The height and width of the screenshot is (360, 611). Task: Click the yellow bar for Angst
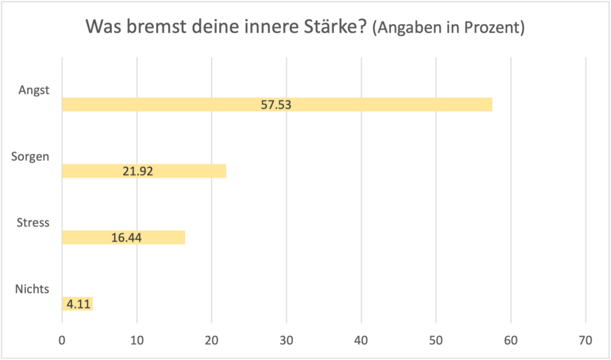pos(390,105)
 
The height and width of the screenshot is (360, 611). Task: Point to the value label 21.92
pos(138,172)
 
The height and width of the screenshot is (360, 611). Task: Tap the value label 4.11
pos(77,304)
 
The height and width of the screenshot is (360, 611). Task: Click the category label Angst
pos(34,91)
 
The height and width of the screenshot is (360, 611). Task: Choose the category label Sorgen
pos(31,157)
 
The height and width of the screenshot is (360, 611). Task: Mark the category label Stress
pos(32,223)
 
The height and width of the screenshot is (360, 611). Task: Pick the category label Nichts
pos(32,289)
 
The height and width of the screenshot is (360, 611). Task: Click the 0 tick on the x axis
pos(62,340)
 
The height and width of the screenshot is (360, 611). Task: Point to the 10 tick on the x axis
pos(136,340)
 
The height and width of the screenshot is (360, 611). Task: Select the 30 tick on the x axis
pos(287,340)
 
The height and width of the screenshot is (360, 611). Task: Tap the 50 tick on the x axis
pos(436,340)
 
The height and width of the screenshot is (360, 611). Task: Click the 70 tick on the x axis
pos(586,340)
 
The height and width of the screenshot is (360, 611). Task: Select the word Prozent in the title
pos(496,29)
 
